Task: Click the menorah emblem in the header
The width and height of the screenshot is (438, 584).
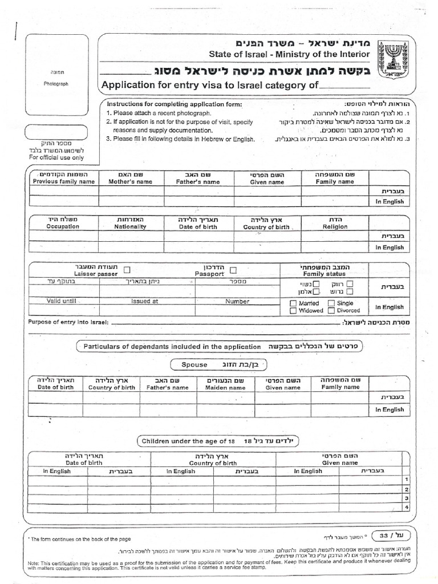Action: [394, 59]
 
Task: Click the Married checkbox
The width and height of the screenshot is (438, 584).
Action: [293, 303]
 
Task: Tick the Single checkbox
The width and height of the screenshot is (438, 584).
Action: [331, 303]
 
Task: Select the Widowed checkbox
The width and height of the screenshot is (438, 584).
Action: [293, 311]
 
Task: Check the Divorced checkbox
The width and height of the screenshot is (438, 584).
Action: [331, 311]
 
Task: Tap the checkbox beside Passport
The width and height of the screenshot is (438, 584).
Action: [233, 270]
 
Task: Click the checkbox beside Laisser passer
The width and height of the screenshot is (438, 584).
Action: [127, 270]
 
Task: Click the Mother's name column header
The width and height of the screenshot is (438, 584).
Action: [132, 182]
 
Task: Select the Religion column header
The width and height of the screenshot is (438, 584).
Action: [335, 226]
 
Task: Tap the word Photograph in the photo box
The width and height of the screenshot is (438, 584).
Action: [56, 83]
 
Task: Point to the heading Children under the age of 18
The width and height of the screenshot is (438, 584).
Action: [188, 441]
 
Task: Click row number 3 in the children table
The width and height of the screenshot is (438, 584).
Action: [406, 498]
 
